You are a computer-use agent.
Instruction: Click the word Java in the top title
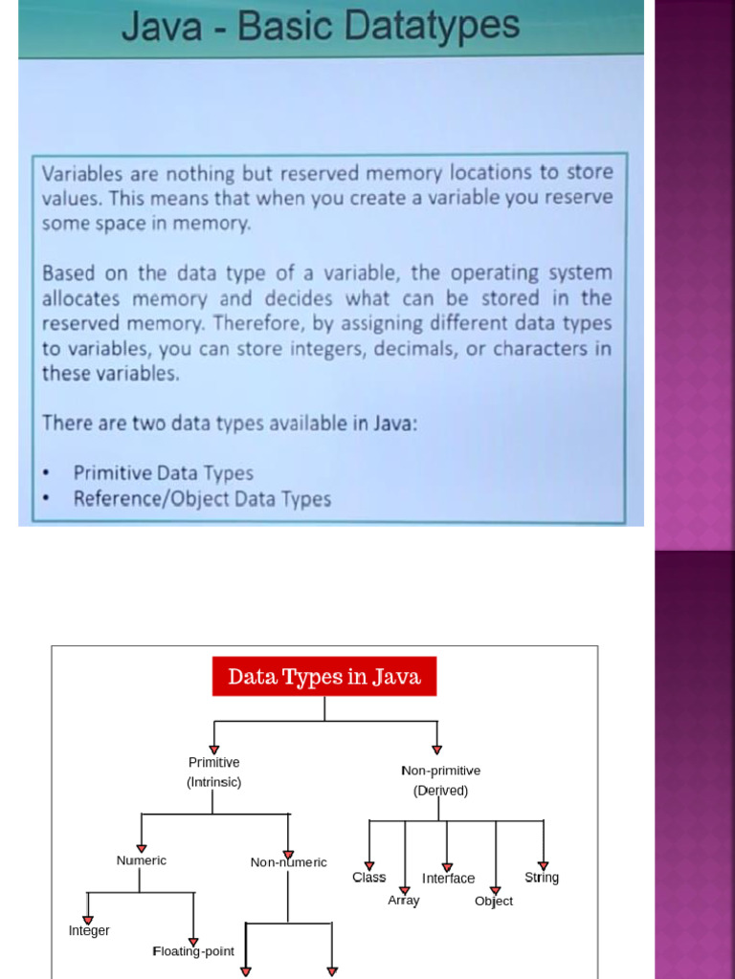pyautogui.click(x=161, y=26)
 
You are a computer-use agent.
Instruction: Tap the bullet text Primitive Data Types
pyautogui.click(x=163, y=473)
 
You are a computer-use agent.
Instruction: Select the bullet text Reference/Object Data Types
pyautogui.click(x=202, y=499)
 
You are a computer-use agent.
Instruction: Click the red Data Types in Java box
pyautogui.click(x=324, y=676)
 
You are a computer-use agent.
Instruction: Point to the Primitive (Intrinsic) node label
pyautogui.click(x=213, y=772)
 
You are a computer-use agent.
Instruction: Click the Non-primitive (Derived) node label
pyautogui.click(x=440, y=780)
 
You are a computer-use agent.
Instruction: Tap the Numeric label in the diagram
pyautogui.click(x=142, y=860)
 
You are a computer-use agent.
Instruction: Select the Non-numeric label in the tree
pyautogui.click(x=288, y=862)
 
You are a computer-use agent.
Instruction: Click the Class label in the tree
pyautogui.click(x=368, y=878)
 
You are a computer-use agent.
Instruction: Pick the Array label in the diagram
pyautogui.click(x=404, y=901)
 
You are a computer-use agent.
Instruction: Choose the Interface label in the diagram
pyautogui.click(x=448, y=879)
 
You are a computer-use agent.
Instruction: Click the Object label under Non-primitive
pyautogui.click(x=494, y=901)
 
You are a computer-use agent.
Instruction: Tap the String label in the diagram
pyautogui.click(x=542, y=878)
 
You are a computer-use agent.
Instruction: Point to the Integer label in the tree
pyautogui.click(x=89, y=931)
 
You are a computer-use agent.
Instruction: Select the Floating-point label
pyautogui.click(x=193, y=951)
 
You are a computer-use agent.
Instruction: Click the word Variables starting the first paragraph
pyautogui.click(x=82, y=173)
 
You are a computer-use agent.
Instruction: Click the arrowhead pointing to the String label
pyautogui.click(x=544, y=865)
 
